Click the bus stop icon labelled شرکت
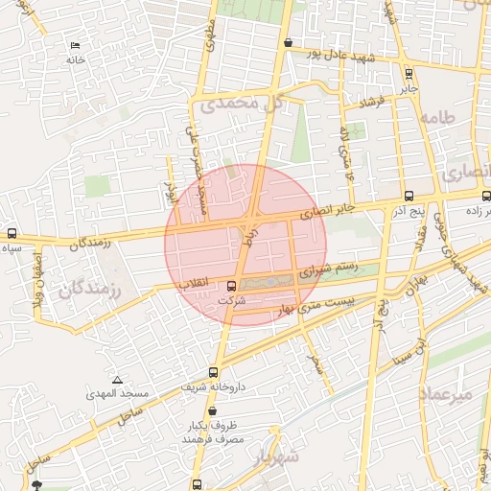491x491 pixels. pos(231,286)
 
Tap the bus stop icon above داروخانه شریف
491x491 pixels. pos(213,373)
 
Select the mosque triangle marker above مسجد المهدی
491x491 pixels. pos(117,381)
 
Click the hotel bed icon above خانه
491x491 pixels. pos(76,45)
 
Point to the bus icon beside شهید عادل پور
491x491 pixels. pos(289,42)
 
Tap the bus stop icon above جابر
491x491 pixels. pos(409,73)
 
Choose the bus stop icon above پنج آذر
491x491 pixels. pos(409,195)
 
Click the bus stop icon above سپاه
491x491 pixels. pos(12,233)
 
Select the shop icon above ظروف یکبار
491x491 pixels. pos(212,410)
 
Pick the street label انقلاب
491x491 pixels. pos(197,285)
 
